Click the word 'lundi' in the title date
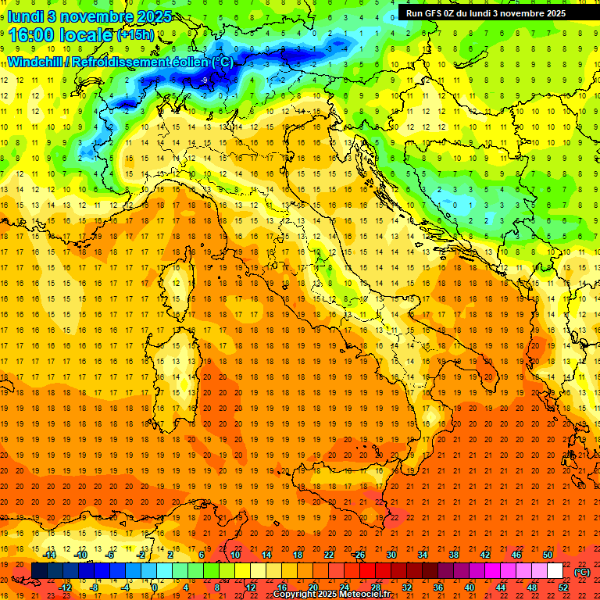click(x=25, y=16)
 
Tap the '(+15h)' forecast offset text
click(x=135, y=35)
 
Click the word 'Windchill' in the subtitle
click(x=36, y=62)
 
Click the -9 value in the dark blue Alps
click(x=204, y=80)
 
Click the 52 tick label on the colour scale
click(x=563, y=587)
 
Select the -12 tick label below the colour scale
click(x=65, y=587)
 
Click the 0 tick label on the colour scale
click(x=154, y=587)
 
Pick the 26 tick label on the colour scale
click(x=359, y=554)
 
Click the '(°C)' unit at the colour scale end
click(x=582, y=571)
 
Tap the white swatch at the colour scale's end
click(x=555, y=571)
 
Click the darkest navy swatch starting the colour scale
click(x=39, y=571)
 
